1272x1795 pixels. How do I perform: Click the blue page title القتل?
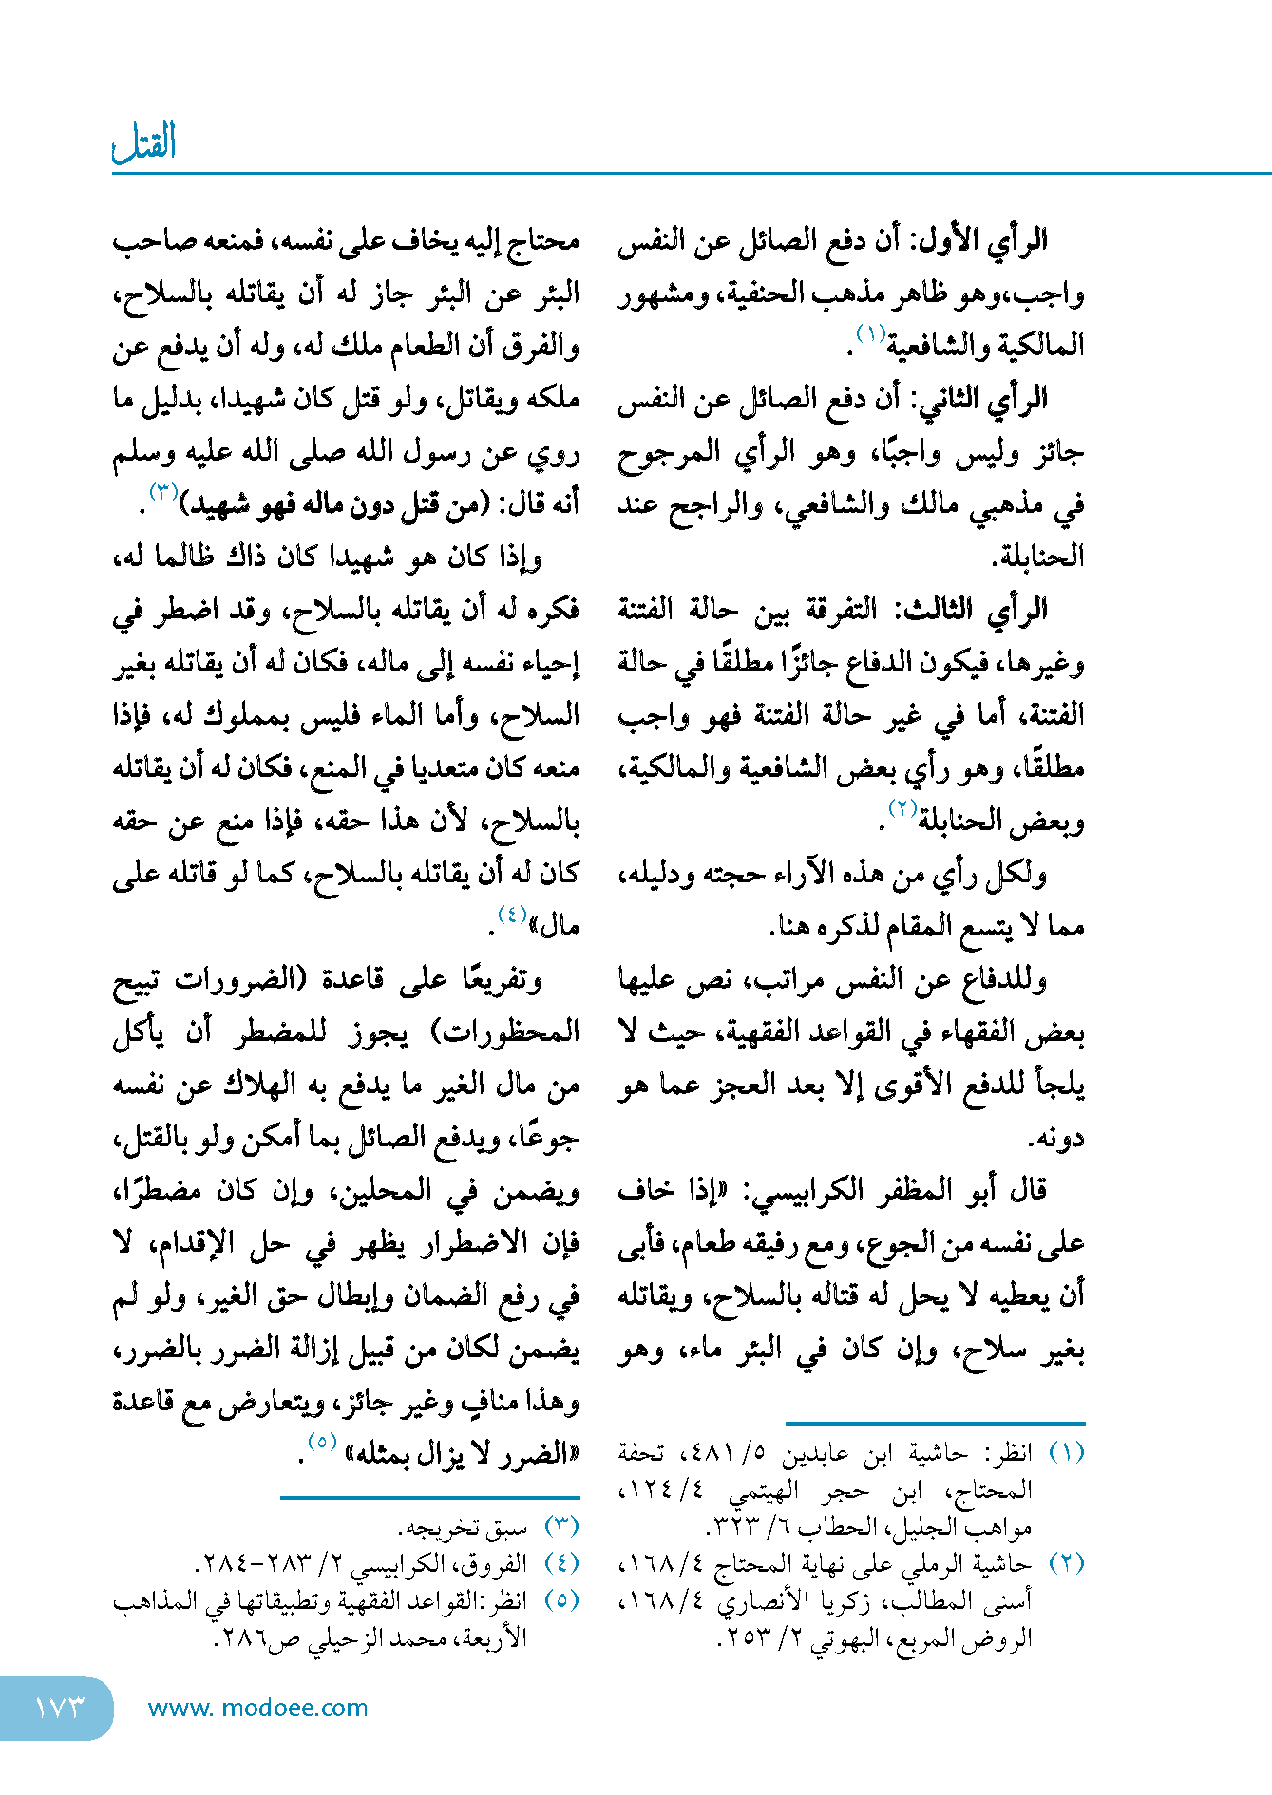(x=144, y=143)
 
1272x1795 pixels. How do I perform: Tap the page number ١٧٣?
(x=59, y=1708)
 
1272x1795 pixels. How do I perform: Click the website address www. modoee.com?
(x=257, y=1708)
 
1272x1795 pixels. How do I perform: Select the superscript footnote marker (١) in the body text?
(x=870, y=333)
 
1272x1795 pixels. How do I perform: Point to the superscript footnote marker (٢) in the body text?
(x=901, y=808)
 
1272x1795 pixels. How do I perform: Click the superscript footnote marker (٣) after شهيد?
(x=162, y=491)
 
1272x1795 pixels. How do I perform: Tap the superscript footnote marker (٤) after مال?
(x=512, y=914)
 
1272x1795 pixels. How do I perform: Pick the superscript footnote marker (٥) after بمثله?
(x=321, y=1441)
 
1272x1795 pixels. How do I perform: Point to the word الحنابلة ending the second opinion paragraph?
(x=1039, y=557)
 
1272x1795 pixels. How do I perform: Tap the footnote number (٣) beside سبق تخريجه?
(x=561, y=1527)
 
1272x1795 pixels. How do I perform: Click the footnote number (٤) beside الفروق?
(x=561, y=1563)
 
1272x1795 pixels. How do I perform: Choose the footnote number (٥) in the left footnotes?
(x=561, y=1600)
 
